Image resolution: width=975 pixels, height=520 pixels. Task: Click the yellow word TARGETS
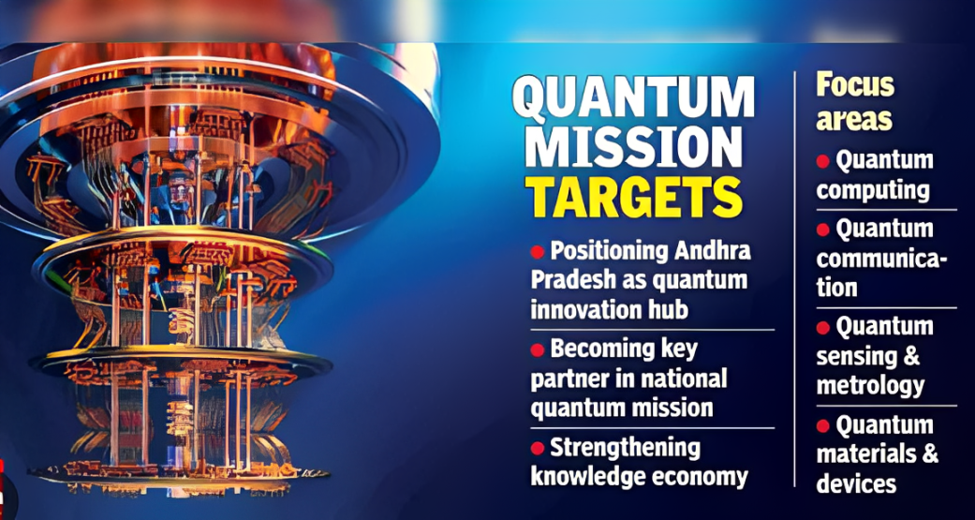tap(633, 196)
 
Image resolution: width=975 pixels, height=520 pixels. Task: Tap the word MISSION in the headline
tap(633, 146)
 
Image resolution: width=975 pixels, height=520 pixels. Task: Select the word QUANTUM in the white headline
tap(633, 97)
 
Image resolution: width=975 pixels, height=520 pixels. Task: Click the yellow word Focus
tap(855, 85)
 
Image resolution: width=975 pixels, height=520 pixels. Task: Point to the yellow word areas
tap(853, 119)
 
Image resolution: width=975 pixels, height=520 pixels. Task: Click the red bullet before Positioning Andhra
tap(538, 251)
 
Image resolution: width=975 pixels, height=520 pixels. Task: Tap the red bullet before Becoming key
tap(538, 349)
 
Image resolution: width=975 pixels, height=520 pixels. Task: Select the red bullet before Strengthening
tap(538, 447)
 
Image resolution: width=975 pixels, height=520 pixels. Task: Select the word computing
tap(872, 190)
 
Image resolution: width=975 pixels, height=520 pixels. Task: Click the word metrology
tap(870, 385)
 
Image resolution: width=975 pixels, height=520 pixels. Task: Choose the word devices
tap(856, 483)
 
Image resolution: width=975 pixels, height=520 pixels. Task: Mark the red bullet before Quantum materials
tap(823, 426)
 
